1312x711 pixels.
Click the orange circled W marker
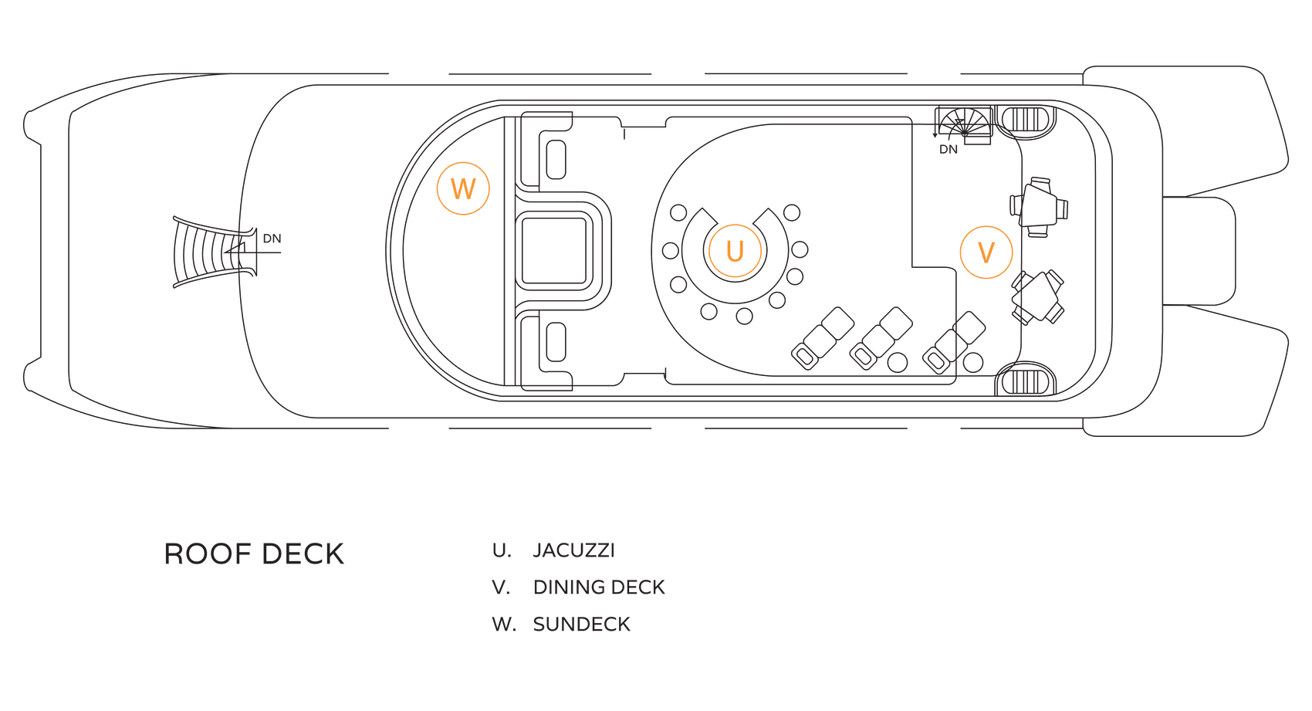point(463,188)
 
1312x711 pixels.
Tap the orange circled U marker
point(734,251)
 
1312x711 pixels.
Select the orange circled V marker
point(986,252)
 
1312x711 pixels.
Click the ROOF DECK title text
point(254,554)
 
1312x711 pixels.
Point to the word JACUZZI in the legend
point(574,550)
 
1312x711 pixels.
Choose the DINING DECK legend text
point(599,587)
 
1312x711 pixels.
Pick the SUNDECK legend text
point(582,625)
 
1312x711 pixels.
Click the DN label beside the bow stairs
point(272,239)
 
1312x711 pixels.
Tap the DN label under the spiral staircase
point(948,149)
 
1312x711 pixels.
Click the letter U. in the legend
point(502,550)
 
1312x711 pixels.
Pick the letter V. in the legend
point(501,587)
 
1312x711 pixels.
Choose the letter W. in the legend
point(504,625)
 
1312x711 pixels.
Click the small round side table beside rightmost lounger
point(973,361)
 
